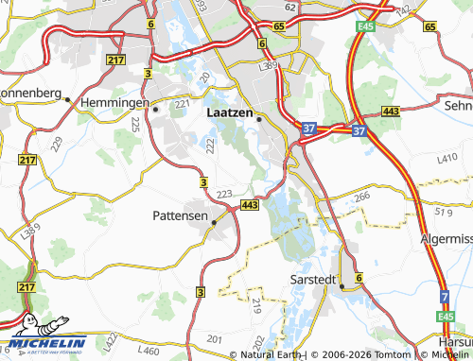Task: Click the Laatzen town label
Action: tap(228, 112)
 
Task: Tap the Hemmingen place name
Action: tap(114, 101)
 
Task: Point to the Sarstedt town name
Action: tap(313, 281)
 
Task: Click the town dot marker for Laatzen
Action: tap(258, 119)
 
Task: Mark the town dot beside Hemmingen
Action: tap(155, 109)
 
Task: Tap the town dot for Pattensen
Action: tap(214, 223)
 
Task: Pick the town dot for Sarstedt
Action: tap(342, 287)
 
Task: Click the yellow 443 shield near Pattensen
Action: tap(250, 205)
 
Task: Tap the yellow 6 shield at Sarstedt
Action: tap(359, 277)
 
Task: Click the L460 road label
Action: tap(148, 351)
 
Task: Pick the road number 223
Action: tap(224, 195)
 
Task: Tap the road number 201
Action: tap(215, 338)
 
